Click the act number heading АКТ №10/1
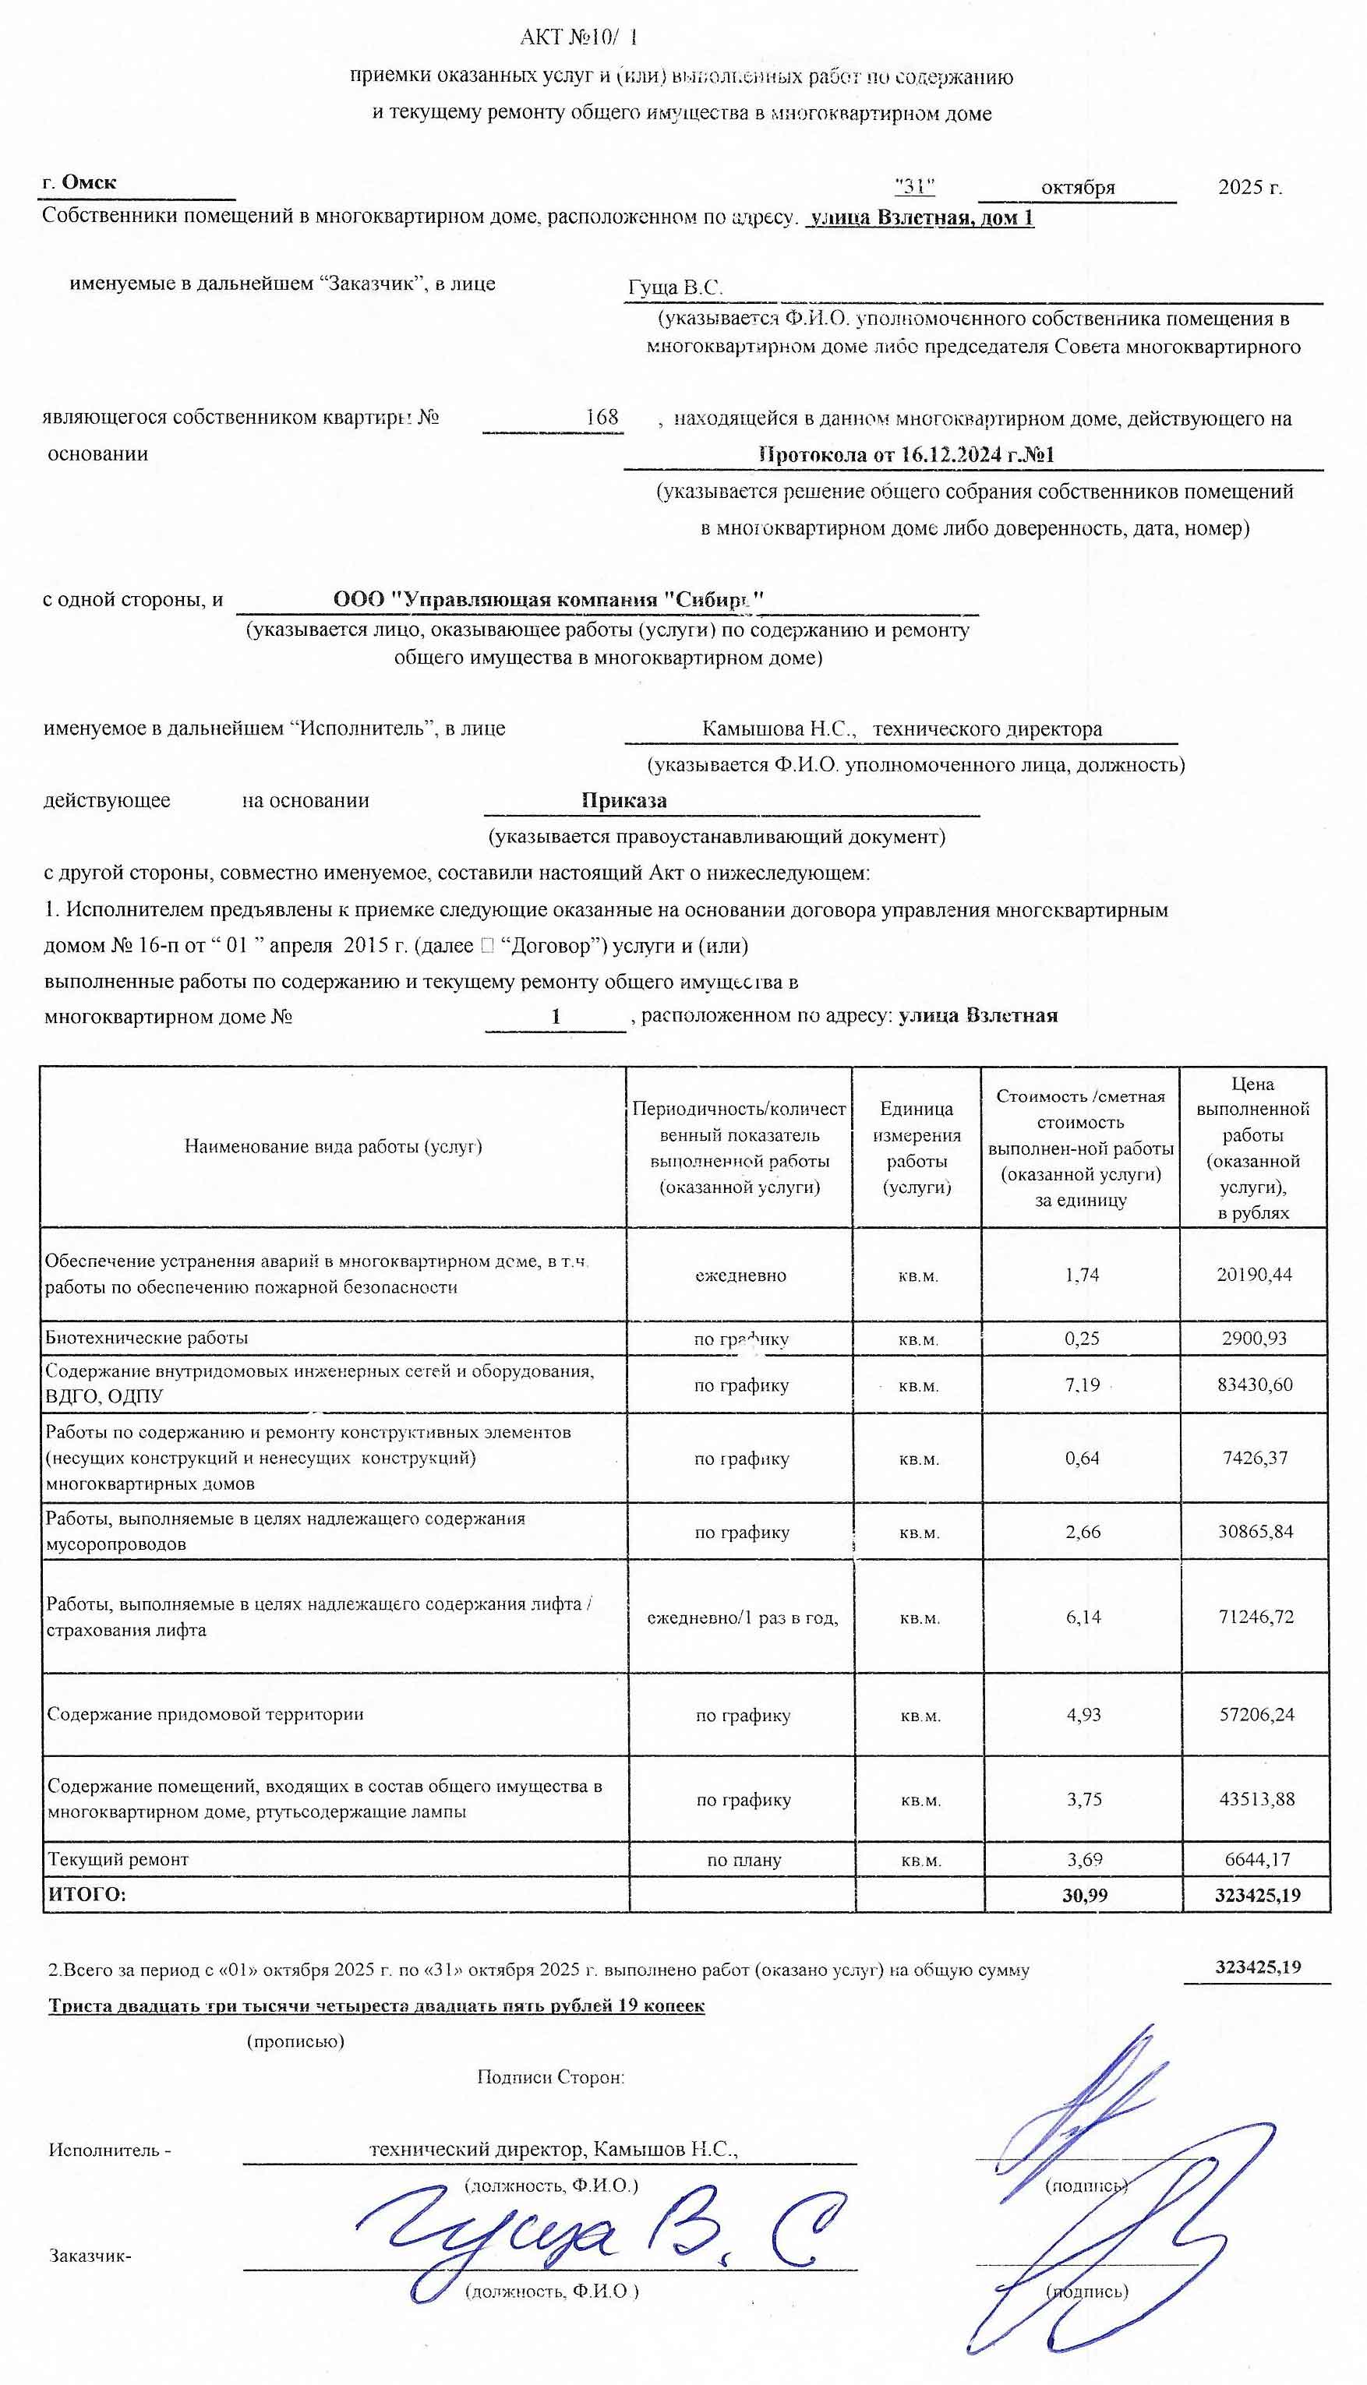tap(579, 37)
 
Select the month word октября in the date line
tap(1077, 187)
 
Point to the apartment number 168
tap(601, 417)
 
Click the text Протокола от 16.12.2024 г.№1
tap(906, 455)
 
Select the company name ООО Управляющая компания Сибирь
tap(549, 599)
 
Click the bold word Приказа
tap(623, 801)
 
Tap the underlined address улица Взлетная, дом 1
tap(921, 219)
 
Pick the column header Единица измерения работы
tap(917, 1147)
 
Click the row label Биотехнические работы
tap(147, 1338)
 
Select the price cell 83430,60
tap(1254, 1385)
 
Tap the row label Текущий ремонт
tap(118, 1859)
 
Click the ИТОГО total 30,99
tap(1084, 1895)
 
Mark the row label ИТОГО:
tap(87, 1895)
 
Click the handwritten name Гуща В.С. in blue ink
tap(601, 2234)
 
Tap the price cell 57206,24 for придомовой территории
tap(1256, 1714)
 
